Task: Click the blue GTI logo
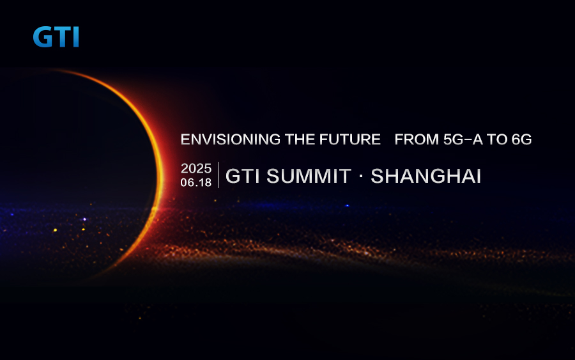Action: [56, 36]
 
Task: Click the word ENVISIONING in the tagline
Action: [231, 139]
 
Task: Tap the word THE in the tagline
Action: [300, 139]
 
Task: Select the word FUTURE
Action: [350, 139]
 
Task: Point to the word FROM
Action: [417, 139]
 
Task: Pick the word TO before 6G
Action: [497, 139]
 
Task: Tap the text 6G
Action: [521, 139]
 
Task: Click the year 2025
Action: [196, 168]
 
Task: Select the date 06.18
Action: [196, 182]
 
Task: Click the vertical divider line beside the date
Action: [219, 175]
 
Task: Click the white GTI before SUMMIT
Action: [243, 176]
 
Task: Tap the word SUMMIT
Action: [309, 176]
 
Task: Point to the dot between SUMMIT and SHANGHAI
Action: [361, 176]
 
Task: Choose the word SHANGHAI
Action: [425, 176]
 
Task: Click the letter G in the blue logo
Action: [43, 36]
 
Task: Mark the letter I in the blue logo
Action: [76, 36]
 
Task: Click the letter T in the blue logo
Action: [63, 36]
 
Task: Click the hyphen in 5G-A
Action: [468, 140]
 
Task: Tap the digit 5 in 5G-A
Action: [448, 139]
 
